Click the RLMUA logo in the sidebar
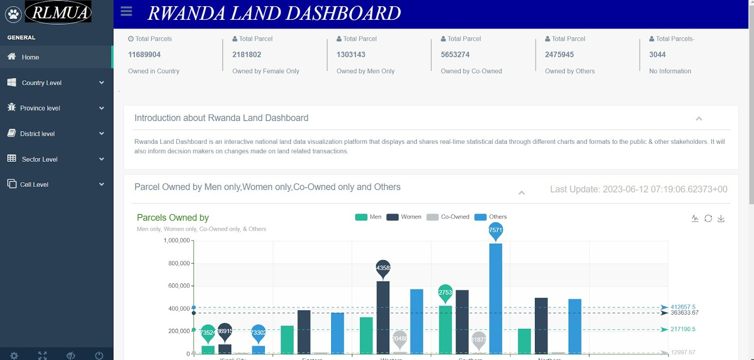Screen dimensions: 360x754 point(58,12)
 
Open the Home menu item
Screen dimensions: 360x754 point(30,57)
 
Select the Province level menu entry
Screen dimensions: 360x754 point(40,108)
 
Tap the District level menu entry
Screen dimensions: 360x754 point(37,134)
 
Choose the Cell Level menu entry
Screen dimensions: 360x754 point(34,184)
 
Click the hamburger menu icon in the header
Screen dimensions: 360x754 point(126,11)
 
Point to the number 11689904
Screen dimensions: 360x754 point(144,54)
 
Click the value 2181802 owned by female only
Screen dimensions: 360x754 point(246,54)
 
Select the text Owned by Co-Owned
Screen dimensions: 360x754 point(471,71)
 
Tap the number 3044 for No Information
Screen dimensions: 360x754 point(657,54)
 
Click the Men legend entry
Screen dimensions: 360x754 point(368,217)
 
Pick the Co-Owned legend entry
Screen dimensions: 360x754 point(447,217)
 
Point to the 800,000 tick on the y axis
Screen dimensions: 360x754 point(179,263)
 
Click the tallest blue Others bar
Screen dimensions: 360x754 point(495,298)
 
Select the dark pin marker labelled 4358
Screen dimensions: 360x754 point(383,268)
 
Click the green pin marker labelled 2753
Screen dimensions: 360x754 point(445,293)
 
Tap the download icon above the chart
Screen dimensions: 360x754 point(721,218)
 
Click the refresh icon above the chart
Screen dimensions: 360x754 point(708,218)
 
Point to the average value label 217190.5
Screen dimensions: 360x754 point(683,329)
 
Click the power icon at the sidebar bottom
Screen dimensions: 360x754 point(99,355)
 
